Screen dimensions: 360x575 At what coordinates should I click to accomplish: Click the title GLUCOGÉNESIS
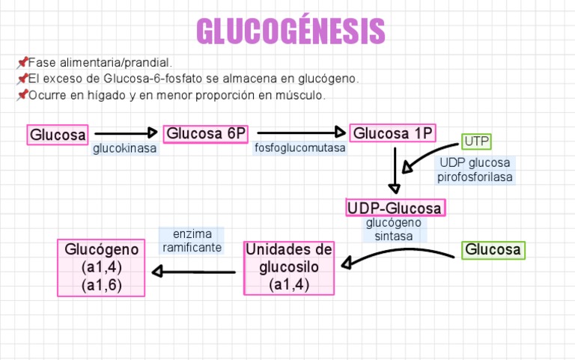290,32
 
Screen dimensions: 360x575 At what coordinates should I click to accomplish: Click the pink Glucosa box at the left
58,135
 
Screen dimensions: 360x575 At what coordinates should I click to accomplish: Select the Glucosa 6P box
205,134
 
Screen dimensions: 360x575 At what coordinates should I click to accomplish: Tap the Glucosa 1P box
393,133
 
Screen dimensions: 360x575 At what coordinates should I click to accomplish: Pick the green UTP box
476,141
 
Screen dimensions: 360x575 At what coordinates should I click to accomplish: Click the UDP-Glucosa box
395,207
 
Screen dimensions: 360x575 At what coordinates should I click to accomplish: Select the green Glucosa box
493,249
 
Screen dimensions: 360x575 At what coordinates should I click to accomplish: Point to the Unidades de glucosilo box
289,267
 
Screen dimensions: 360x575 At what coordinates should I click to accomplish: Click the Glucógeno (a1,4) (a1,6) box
102,267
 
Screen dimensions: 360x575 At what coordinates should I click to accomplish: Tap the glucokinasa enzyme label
125,149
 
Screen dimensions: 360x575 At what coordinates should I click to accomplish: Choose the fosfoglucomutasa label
300,148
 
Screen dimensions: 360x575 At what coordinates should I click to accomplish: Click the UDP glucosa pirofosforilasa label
475,170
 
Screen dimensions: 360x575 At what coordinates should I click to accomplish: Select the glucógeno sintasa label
394,229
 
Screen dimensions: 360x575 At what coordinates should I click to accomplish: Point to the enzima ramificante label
192,241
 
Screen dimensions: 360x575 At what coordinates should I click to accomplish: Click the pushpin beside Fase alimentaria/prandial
22,62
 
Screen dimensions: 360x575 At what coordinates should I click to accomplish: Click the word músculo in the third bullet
301,95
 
